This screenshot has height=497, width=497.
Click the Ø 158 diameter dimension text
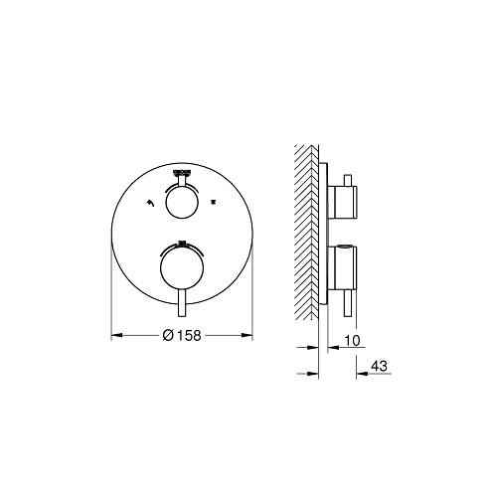point(182,335)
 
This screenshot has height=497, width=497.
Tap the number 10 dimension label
point(352,340)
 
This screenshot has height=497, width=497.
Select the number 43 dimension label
point(379,366)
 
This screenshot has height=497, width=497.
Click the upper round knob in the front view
point(182,203)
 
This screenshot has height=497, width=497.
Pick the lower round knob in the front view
point(182,265)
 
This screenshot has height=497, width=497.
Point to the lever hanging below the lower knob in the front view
point(182,302)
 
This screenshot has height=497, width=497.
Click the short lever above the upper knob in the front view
point(182,181)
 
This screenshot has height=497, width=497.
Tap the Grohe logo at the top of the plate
point(182,172)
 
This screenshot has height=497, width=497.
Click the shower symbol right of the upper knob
point(213,201)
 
